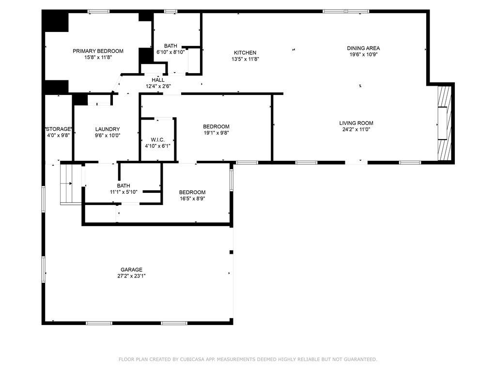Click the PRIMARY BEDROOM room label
(98, 51)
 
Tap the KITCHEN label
(245, 53)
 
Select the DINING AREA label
(363, 48)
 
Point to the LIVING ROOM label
(356, 123)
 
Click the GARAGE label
(131, 269)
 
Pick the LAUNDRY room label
(108, 129)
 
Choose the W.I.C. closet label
(157, 140)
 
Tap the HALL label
(158, 80)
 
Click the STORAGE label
(58, 129)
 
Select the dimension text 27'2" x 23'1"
(131, 276)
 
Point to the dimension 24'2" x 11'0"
(356, 129)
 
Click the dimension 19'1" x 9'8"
(216, 133)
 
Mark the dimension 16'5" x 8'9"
(192, 199)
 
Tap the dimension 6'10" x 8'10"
(170, 52)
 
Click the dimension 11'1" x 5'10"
(124, 192)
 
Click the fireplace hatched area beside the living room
(444, 123)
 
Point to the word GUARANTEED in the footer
(360, 359)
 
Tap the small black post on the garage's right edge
(231, 252)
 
